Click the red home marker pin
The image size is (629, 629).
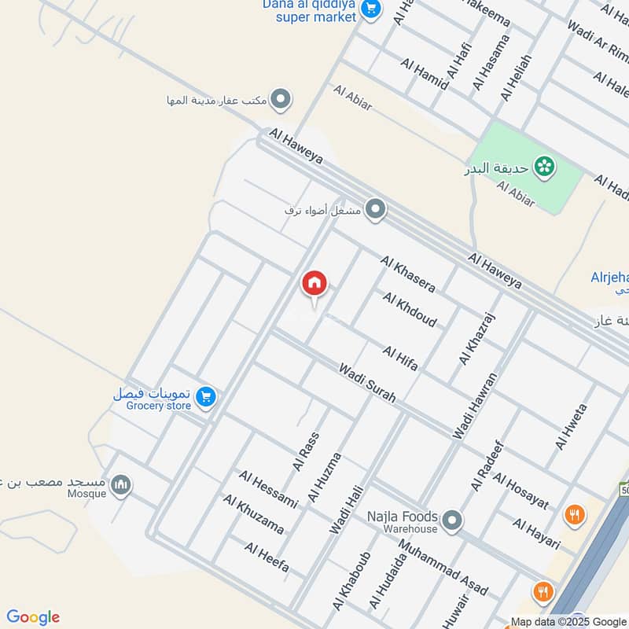tap(314, 284)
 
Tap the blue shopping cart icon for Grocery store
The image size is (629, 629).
tap(206, 397)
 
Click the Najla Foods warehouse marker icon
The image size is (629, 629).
tap(451, 520)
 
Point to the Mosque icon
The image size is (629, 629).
tap(120, 485)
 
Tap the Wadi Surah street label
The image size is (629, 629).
tap(367, 383)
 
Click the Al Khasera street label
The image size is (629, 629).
tap(408, 272)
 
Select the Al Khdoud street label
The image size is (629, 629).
tap(410, 309)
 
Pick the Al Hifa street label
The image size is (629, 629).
tap(400, 359)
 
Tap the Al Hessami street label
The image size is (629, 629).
tap(269, 489)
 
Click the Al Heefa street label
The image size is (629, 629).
tap(267, 557)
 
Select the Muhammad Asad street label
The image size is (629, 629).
tap(443, 567)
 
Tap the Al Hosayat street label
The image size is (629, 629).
tap(520, 492)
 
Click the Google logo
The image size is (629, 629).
tap(33, 616)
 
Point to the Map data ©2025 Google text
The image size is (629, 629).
tap(568, 622)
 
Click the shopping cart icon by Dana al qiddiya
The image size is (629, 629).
tap(373, 9)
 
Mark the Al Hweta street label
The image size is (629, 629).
tap(571, 427)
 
